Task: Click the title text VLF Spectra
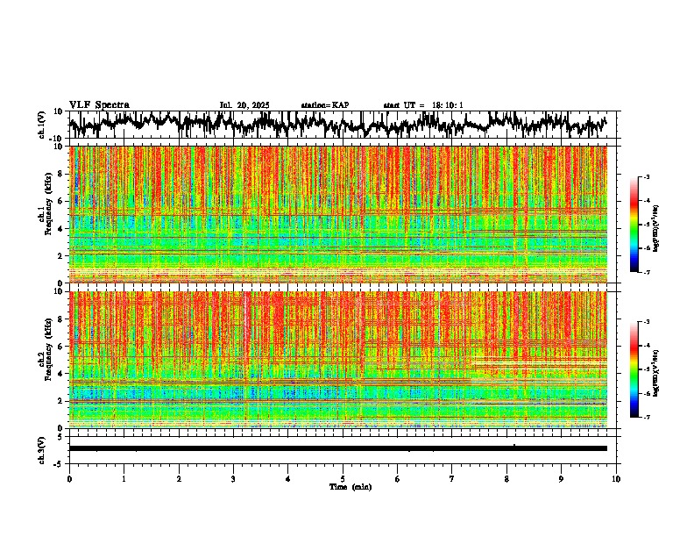(99, 104)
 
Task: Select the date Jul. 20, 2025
(244, 105)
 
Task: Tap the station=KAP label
(324, 105)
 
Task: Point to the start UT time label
(423, 105)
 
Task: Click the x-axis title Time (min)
(350, 487)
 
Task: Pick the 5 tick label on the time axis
(343, 479)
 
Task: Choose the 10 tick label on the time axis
(616, 479)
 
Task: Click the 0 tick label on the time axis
(69, 479)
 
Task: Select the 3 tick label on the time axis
(233, 479)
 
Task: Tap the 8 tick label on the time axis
(506, 479)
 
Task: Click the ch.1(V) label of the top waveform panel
(42, 125)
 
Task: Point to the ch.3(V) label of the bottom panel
(42, 448)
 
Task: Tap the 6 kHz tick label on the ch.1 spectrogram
(62, 201)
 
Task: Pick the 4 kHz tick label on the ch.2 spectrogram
(62, 373)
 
